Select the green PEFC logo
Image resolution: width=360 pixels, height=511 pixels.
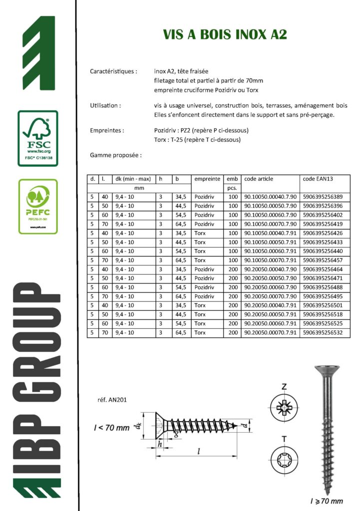pyautogui.click(x=38, y=206)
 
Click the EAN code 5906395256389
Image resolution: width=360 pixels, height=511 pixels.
pyautogui.click(x=323, y=197)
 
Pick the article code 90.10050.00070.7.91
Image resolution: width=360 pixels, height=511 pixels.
pyautogui.click(x=270, y=260)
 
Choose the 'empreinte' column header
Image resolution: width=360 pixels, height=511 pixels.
pyautogui.click(x=207, y=179)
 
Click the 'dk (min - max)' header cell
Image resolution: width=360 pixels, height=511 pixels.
pyautogui.click(x=133, y=179)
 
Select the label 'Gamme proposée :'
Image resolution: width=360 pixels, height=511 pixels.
pyautogui.click(x=116, y=155)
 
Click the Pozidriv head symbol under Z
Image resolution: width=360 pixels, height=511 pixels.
pyautogui.click(x=284, y=408)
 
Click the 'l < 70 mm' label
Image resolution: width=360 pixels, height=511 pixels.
pyautogui.click(x=111, y=428)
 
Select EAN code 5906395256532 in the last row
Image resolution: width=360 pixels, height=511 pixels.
pyautogui.click(x=323, y=332)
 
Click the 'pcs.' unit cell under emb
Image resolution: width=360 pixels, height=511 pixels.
pyautogui.click(x=232, y=188)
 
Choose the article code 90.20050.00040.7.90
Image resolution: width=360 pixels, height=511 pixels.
pyautogui.click(x=270, y=269)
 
